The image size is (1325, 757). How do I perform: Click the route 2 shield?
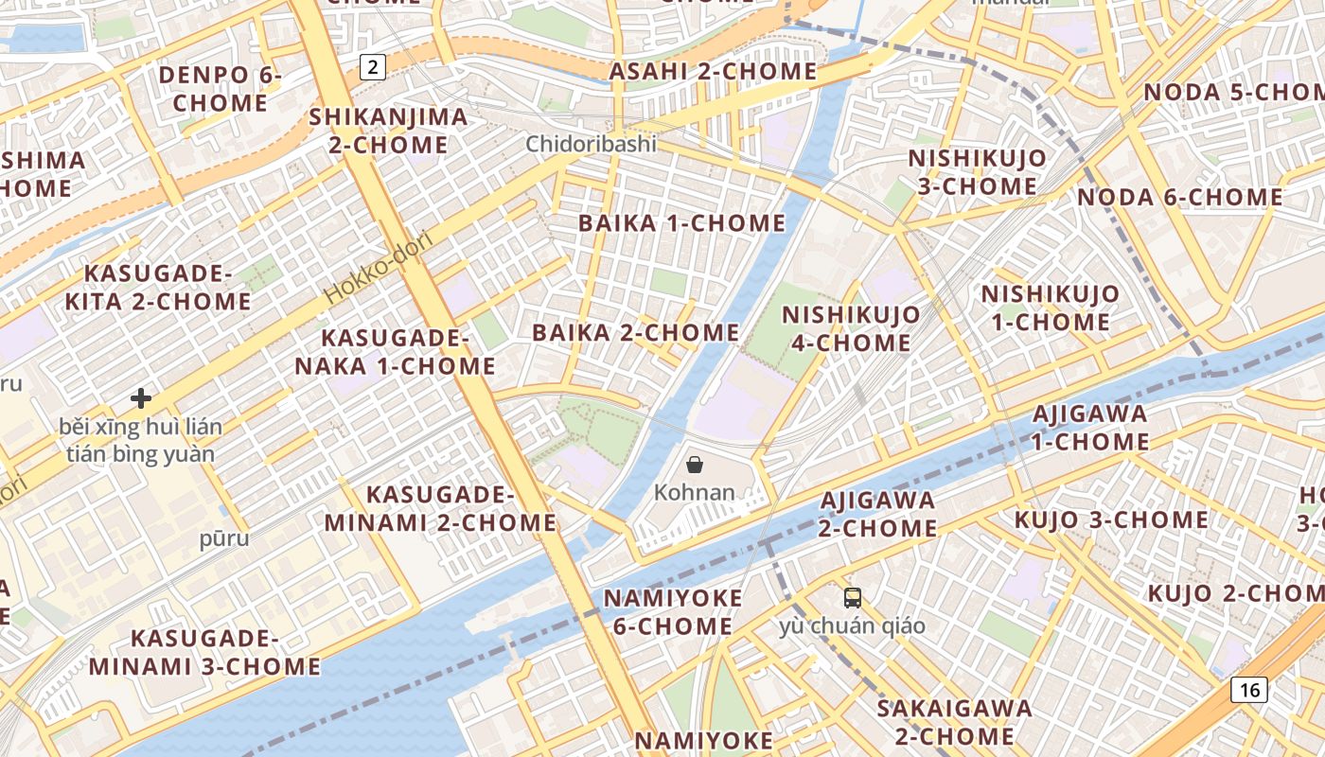pos(374,66)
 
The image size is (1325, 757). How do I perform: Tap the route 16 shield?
pos(1249,689)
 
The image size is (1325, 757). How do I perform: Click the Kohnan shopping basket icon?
pos(695,464)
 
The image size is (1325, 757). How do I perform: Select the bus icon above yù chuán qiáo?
pos(853,597)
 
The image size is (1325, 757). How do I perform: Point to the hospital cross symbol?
pos(141,398)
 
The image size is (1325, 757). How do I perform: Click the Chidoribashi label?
pos(592,144)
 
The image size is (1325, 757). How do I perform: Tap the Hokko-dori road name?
pos(379,268)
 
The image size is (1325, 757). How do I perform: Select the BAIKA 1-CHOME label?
pos(681,223)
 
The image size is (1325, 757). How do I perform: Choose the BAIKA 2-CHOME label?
pos(636,332)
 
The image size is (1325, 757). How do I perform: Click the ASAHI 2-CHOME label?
pos(713,71)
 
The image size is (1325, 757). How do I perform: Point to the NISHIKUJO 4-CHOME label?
pos(851,328)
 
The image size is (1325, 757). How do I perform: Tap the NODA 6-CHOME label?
pos(1180,198)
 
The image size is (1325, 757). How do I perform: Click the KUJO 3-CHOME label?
pos(1111,519)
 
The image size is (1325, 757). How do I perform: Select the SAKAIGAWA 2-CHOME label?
pos(954,722)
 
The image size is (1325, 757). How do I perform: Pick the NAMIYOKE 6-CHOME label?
pos(673,612)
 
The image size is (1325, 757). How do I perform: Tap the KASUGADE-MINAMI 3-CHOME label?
pos(205,652)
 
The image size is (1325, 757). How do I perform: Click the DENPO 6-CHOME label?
pos(221,88)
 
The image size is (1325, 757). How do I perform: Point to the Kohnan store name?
pos(695,492)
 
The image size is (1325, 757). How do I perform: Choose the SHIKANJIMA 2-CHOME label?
pos(389,131)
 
